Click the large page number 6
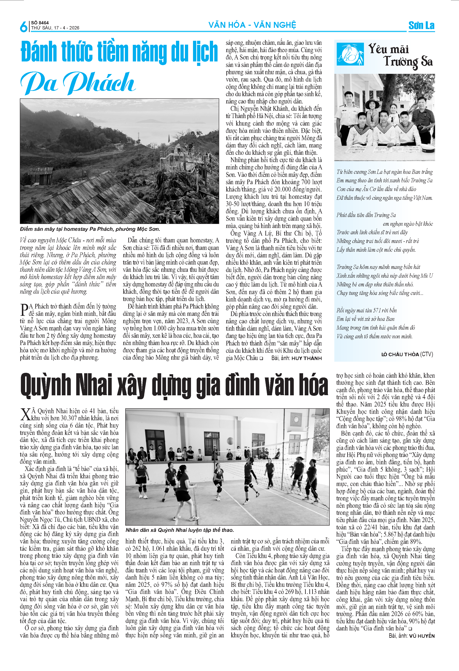tap(23, 27)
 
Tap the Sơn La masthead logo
tap(421, 25)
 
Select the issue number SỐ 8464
tap(40, 23)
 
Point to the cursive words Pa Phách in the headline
tap(78, 83)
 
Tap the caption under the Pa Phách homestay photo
tap(90, 229)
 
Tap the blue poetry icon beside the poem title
tap(350, 54)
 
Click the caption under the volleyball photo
tap(179, 530)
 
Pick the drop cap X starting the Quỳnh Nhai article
tap(25, 415)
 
